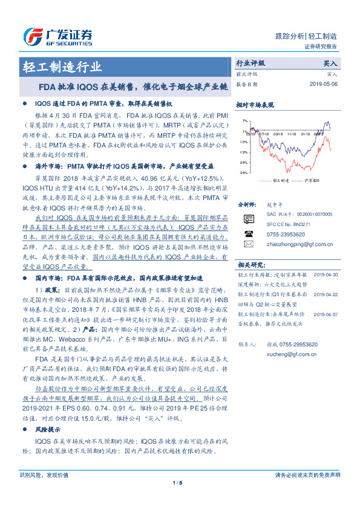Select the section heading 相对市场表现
coord(252,105)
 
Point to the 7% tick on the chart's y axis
coord(243,121)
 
